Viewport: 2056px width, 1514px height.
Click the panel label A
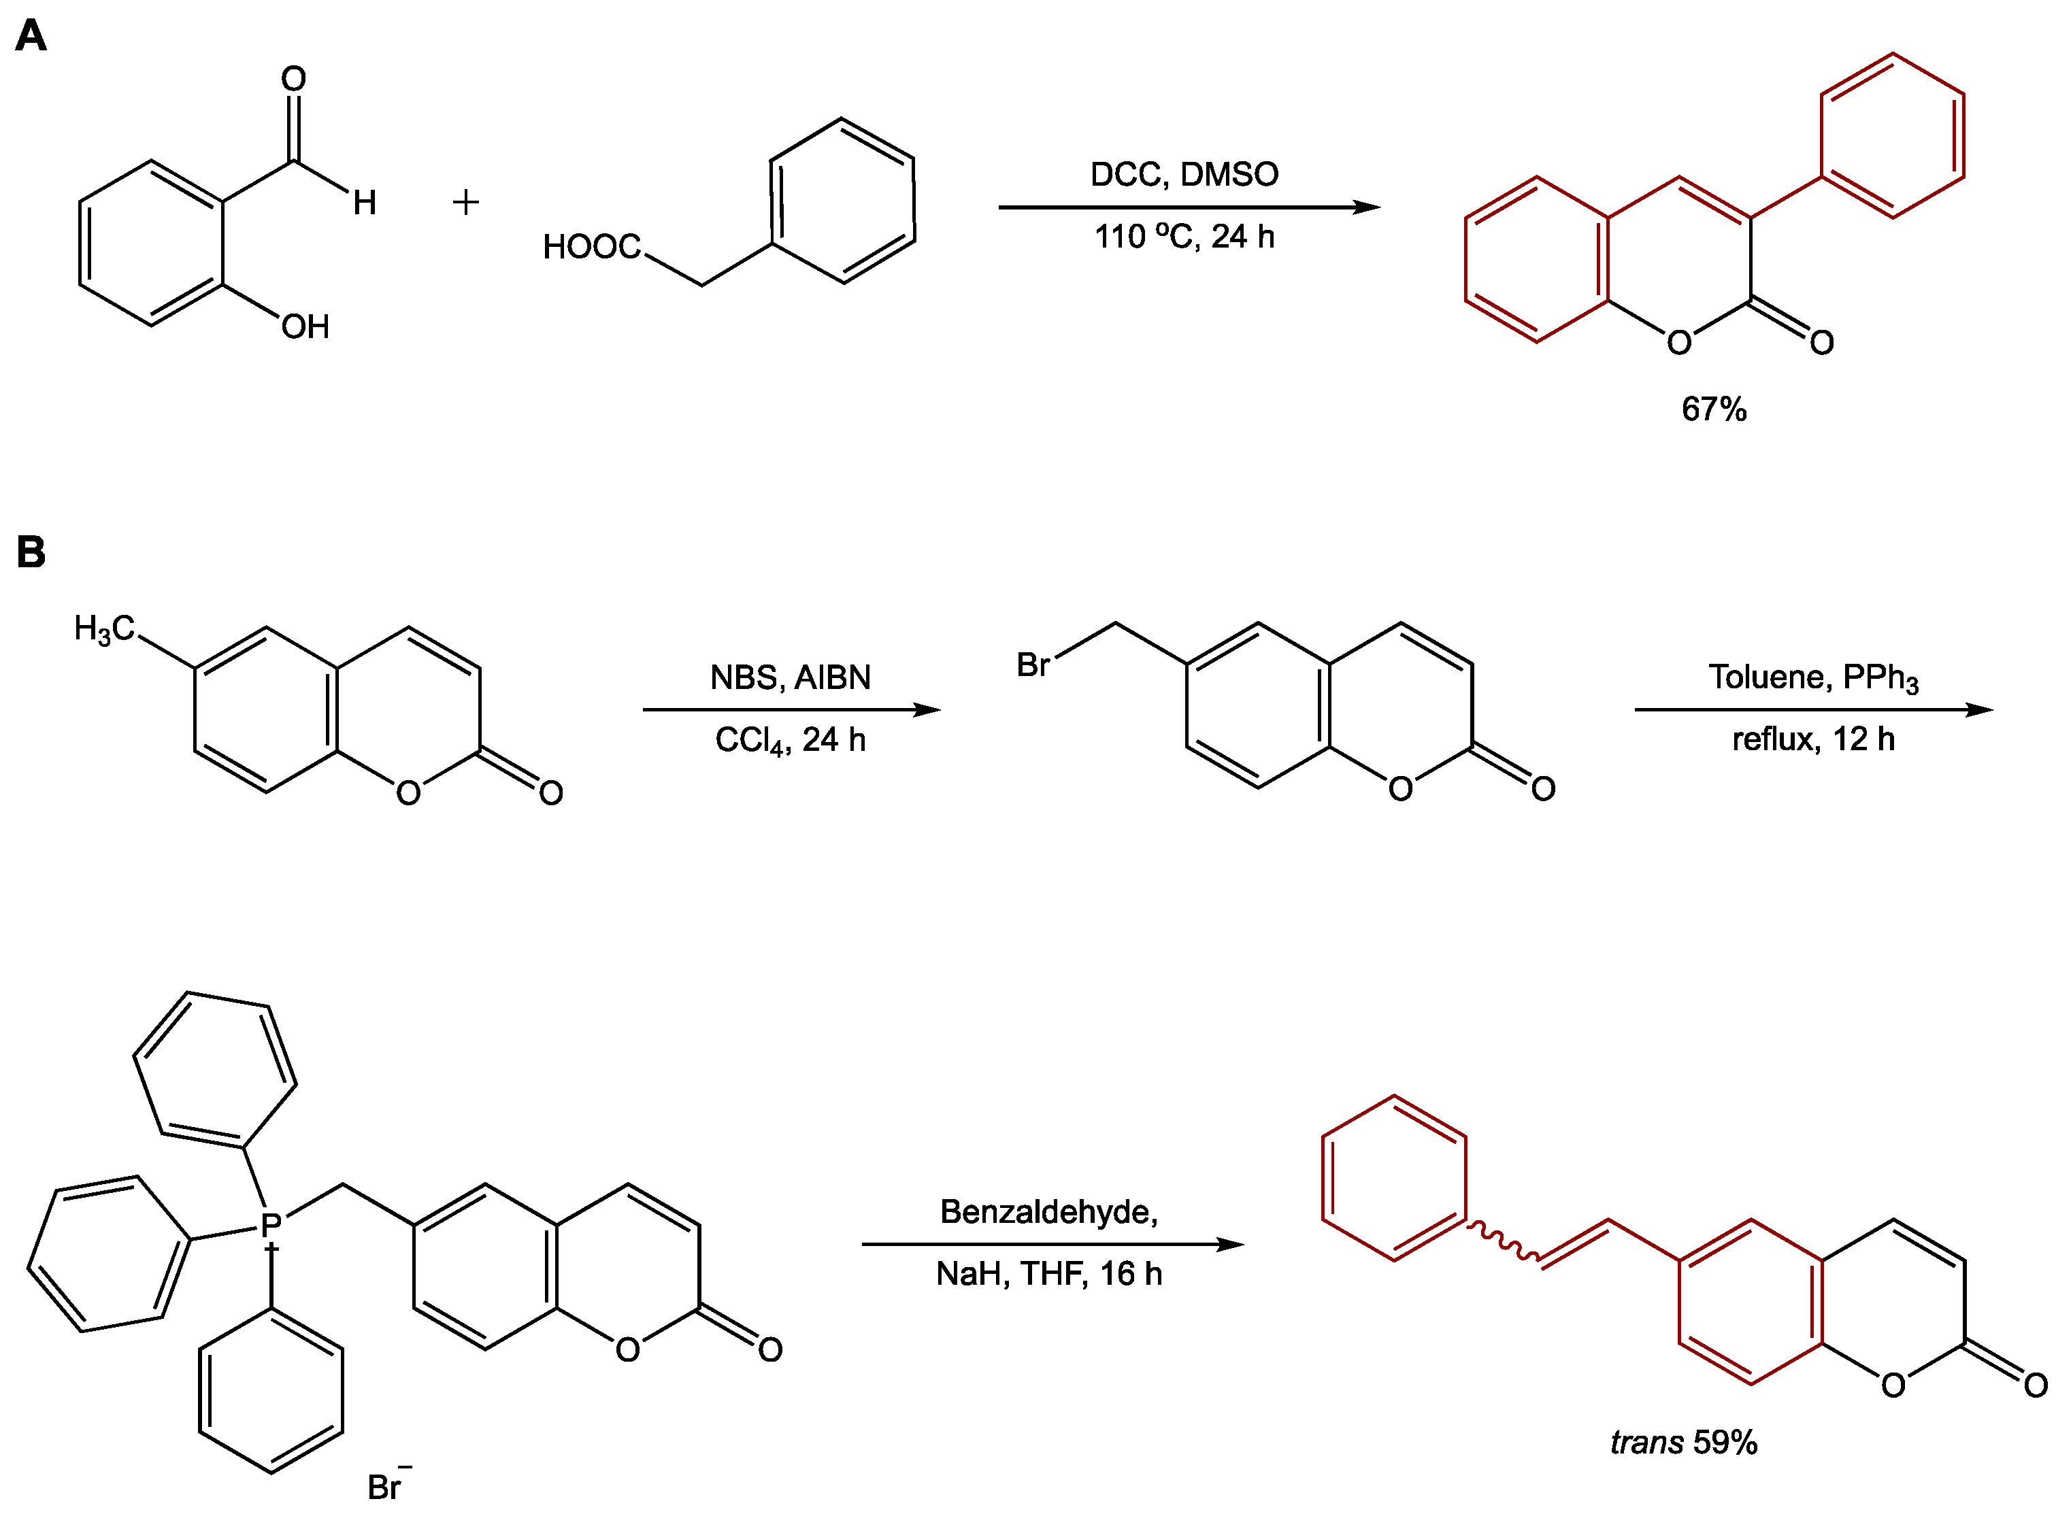(x=31, y=37)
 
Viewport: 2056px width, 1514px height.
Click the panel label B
(x=31, y=552)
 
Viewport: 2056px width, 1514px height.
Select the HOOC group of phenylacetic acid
(x=591, y=246)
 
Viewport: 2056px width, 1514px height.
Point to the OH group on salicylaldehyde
(x=305, y=327)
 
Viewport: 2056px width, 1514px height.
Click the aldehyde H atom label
(x=365, y=203)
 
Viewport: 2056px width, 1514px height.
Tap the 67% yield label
(x=1713, y=409)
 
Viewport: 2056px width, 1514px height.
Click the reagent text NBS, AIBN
(x=790, y=677)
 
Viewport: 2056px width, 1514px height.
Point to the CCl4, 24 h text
(x=790, y=739)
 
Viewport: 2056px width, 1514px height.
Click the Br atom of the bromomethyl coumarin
(x=1033, y=665)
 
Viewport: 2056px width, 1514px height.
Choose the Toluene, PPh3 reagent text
(x=1812, y=677)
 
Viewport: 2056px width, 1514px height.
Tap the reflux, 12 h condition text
(x=1812, y=739)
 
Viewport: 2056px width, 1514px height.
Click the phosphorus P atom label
(x=270, y=1226)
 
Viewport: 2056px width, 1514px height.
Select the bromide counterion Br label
(x=385, y=1487)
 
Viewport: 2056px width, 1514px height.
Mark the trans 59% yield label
(x=1683, y=1442)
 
